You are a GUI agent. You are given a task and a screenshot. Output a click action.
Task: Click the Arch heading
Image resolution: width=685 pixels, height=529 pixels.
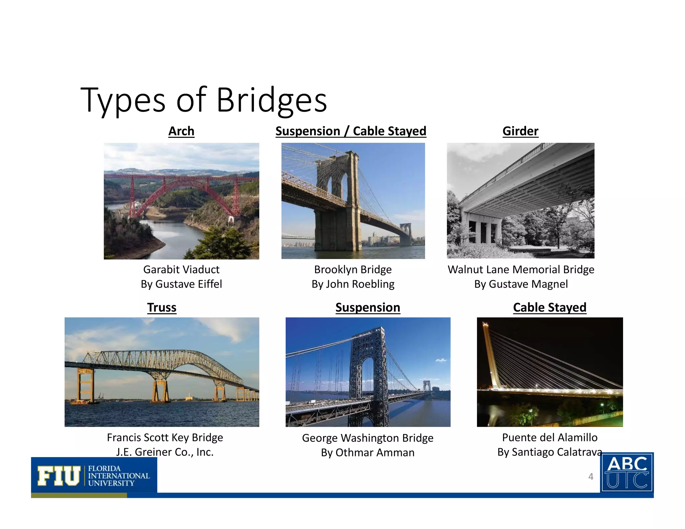pyautogui.click(x=181, y=131)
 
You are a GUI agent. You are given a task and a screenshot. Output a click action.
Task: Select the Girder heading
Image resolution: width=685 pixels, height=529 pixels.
pyautogui.click(x=520, y=131)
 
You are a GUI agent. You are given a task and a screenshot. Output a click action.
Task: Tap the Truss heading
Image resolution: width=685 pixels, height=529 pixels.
pyautogui.click(x=162, y=307)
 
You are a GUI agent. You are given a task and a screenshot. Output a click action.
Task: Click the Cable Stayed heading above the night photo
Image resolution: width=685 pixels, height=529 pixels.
pyautogui.click(x=550, y=307)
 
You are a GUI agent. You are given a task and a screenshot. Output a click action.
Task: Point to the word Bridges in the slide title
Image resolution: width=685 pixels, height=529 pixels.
pyautogui.click(x=272, y=100)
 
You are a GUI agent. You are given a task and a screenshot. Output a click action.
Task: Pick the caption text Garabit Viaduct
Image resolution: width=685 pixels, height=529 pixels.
pyautogui.click(x=181, y=270)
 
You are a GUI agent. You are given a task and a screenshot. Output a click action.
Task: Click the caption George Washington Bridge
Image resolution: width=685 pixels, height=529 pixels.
pyautogui.click(x=368, y=438)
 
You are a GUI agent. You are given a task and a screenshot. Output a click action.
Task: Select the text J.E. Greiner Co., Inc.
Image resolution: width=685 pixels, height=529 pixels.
pyautogui.click(x=165, y=452)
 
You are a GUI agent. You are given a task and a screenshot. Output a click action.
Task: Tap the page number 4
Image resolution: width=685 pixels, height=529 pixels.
pyautogui.click(x=591, y=477)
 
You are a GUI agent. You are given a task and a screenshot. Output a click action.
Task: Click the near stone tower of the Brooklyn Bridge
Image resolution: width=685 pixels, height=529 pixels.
pyautogui.click(x=338, y=201)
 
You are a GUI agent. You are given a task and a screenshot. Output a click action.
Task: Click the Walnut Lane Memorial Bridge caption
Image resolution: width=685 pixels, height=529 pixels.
pyautogui.click(x=521, y=270)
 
